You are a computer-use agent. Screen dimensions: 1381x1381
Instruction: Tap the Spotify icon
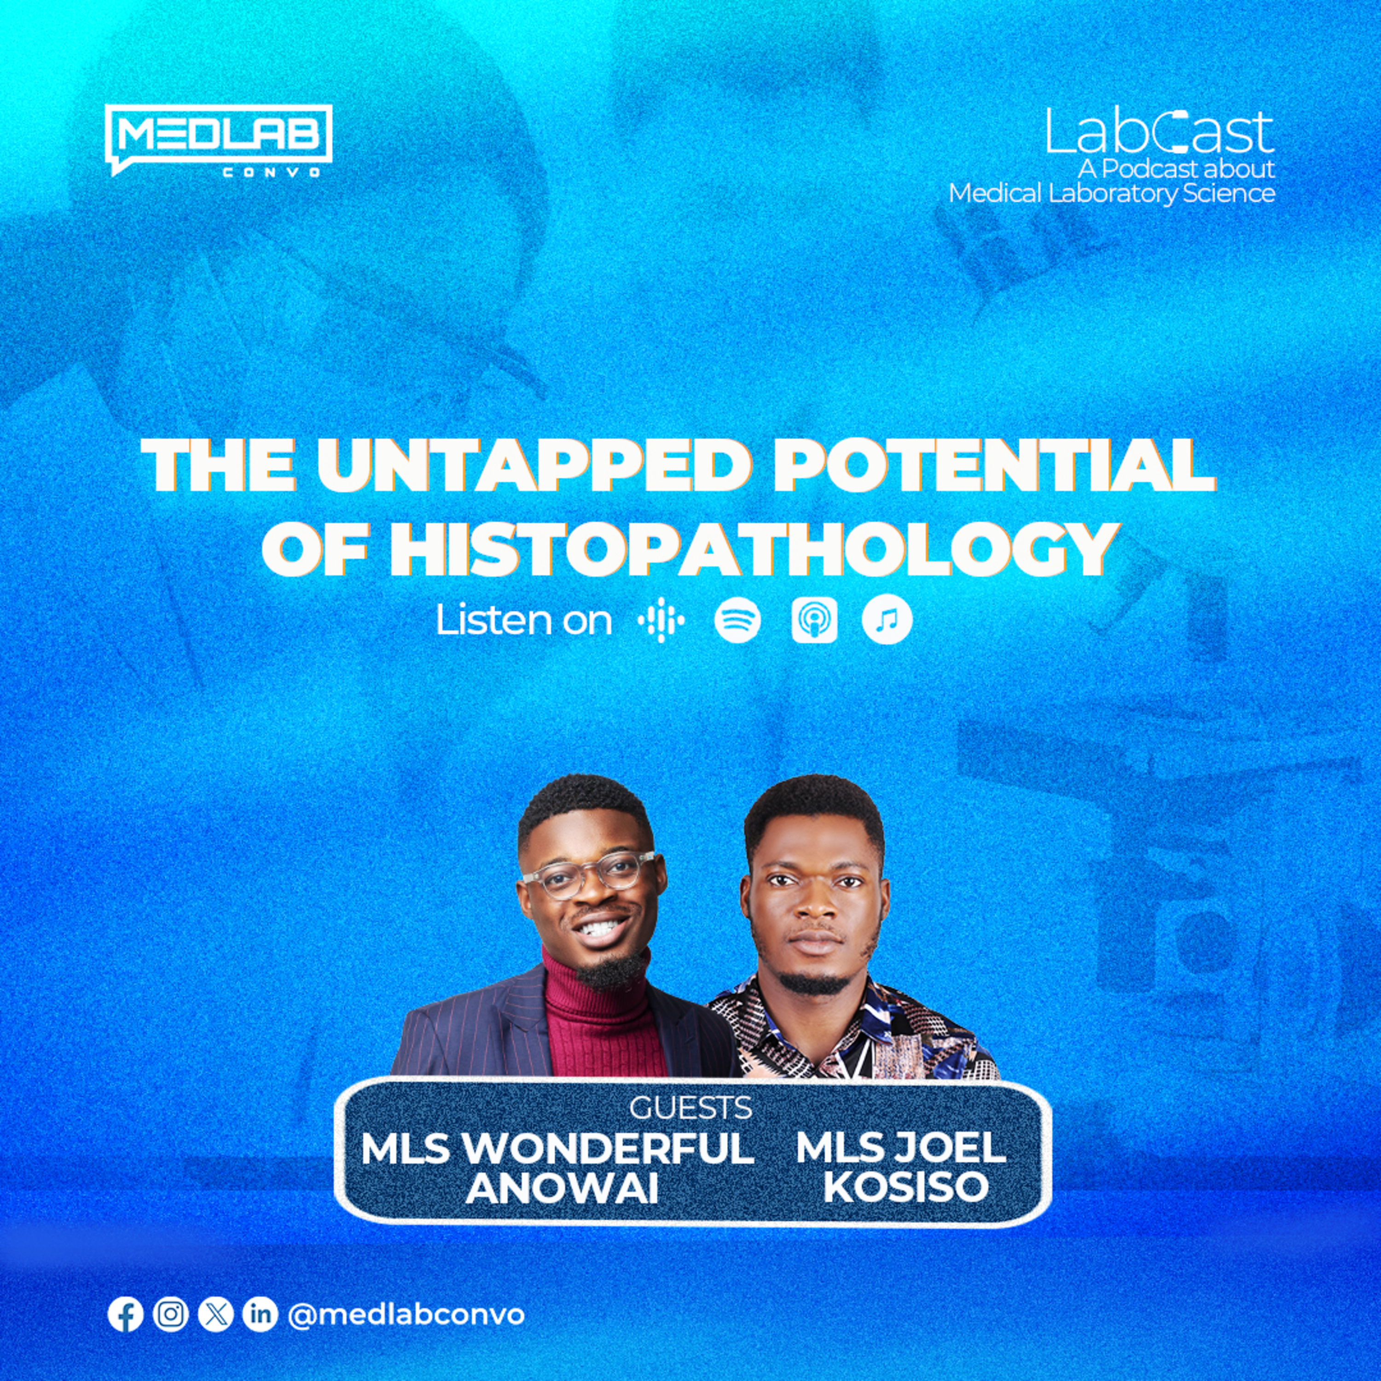point(737,621)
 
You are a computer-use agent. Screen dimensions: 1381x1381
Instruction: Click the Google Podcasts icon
point(661,621)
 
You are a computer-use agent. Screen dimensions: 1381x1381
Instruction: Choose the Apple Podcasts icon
point(814,621)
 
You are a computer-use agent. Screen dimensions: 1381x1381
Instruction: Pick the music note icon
point(887,621)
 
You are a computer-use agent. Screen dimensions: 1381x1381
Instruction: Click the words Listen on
point(524,621)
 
